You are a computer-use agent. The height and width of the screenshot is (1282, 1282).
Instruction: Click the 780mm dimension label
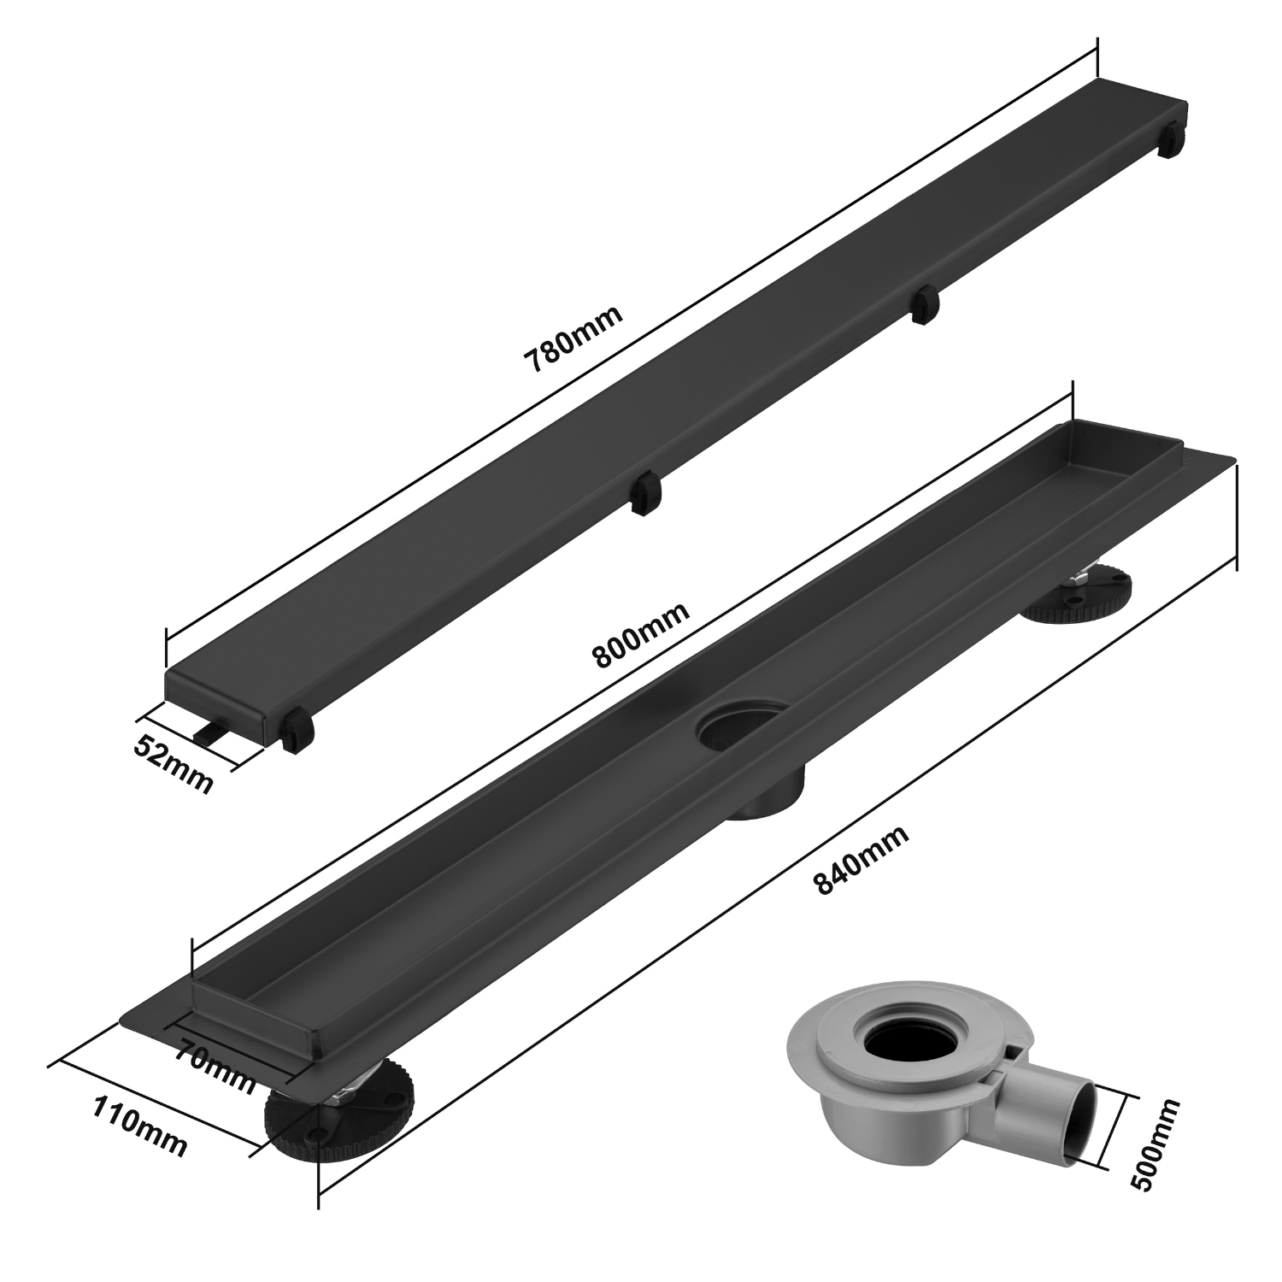pos(573,338)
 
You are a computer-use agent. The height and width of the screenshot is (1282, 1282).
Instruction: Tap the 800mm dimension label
pos(641,637)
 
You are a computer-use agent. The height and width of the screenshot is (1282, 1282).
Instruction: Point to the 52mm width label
pos(173,765)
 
